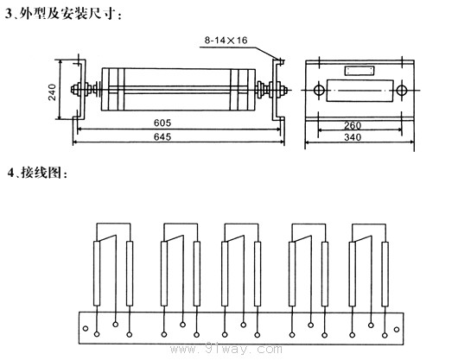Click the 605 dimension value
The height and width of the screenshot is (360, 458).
(162, 123)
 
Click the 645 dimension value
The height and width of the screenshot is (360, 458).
(162, 136)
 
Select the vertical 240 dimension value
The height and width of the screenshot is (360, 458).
(52, 92)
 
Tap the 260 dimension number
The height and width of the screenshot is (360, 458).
(353, 125)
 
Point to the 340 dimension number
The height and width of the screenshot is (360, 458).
(353, 137)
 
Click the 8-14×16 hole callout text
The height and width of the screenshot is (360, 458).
(226, 41)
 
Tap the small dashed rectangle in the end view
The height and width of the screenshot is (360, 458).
(359, 71)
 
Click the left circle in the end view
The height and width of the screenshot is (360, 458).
(319, 90)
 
